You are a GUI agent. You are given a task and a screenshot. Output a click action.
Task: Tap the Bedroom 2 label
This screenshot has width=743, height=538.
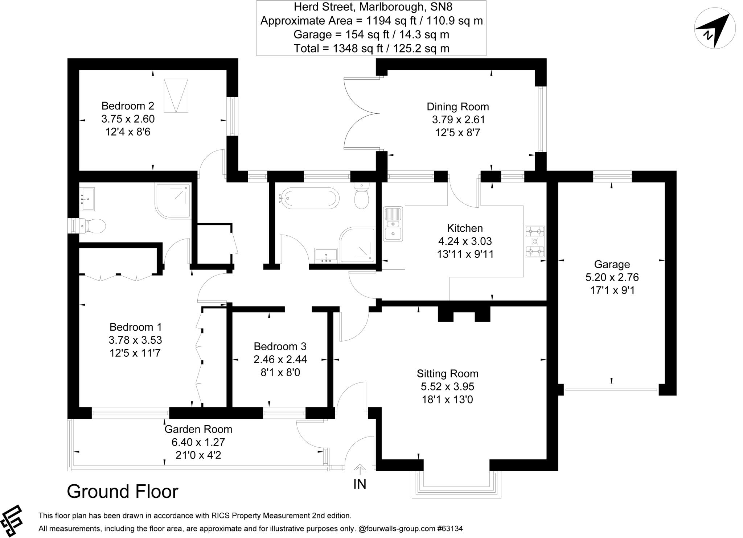(x=128, y=106)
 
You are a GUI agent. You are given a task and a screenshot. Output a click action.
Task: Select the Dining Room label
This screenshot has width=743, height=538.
(x=457, y=107)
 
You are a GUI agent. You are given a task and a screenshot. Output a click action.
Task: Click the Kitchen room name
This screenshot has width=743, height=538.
(x=465, y=228)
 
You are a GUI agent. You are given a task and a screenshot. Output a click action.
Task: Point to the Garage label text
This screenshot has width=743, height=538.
(x=612, y=264)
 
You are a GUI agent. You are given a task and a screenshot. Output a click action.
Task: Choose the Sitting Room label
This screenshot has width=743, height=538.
(x=447, y=373)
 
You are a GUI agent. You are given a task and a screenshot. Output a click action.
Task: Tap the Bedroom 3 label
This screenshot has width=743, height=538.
(x=280, y=347)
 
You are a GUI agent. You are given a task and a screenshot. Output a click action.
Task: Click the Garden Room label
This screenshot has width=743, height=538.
(x=198, y=429)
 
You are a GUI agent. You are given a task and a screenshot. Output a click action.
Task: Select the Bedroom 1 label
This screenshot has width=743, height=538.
(x=135, y=327)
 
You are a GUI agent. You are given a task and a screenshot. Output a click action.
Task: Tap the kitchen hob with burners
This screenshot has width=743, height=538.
(x=535, y=241)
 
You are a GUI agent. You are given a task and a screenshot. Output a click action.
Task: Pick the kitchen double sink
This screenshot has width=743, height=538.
(x=393, y=224)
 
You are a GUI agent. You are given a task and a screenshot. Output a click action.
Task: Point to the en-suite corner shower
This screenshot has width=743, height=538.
(x=173, y=201)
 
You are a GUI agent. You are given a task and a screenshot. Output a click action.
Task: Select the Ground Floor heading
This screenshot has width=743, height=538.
(x=123, y=492)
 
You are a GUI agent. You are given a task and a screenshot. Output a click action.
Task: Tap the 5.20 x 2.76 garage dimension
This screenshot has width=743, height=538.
(x=612, y=277)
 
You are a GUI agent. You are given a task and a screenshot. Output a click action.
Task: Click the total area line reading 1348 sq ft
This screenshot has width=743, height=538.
(x=371, y=48)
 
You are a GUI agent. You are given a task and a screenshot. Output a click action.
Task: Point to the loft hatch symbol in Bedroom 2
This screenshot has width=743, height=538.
(x=176, y=96)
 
